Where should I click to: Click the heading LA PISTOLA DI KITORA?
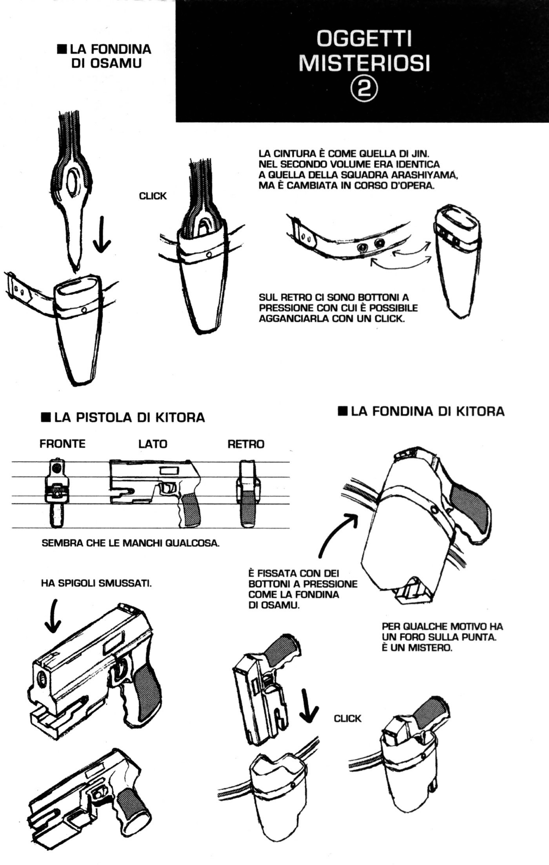pos(123,417)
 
